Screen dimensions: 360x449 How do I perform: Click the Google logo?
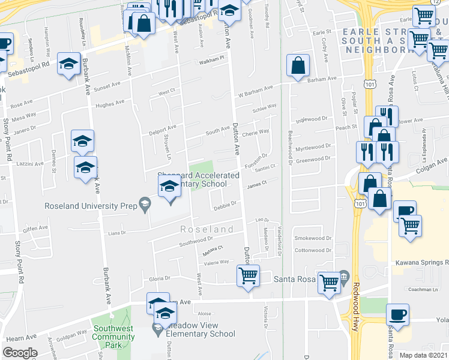click(x=20, y=353)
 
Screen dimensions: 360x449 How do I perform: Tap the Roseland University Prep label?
click(x=92, y=206)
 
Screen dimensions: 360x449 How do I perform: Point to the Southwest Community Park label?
click(x=113, y=337)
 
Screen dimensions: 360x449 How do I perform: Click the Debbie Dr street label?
click(x=224, y=203)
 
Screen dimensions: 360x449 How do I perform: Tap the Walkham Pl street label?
click(x=212, y=58)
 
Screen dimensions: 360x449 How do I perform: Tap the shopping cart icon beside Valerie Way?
click(x=248, y=275)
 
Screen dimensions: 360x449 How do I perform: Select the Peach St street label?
click(x=346, y=127)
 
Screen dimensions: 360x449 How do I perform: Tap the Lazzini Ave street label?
click(x=31, y=163)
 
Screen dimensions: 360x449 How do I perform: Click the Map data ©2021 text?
click(x=424, y=355)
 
